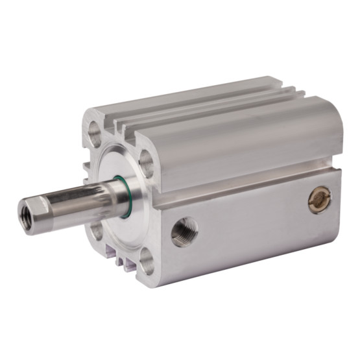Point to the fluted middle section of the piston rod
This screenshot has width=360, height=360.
pyautogui.click(x=81, y=197)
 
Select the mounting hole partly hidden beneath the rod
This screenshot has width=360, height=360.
pyautogui.click(x=97, y=229)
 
